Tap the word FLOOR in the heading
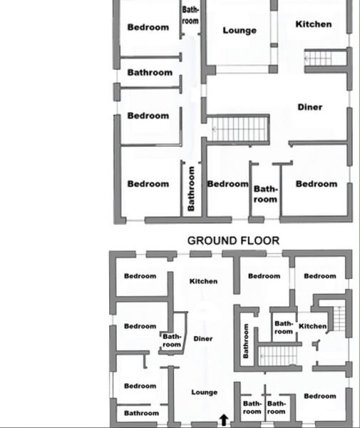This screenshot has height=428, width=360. (x=258, y=241)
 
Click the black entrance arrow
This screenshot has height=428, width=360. (x=224, y=420)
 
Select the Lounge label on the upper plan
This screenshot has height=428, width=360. (x=240, y=30)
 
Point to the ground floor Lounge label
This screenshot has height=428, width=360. (x=205, y=392)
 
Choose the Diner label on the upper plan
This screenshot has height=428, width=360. (x=310, y=107)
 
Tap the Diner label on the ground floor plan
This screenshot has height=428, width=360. (x=203, y=339)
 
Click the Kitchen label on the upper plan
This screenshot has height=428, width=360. (x=314, y=24)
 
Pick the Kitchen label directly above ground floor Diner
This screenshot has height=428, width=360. (x=203, y=281)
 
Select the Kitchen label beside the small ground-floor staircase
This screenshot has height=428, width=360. (x=312, y=326)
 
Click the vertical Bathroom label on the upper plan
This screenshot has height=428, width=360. (x=191, y=188)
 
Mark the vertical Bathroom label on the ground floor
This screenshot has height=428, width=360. (x=246, y=341)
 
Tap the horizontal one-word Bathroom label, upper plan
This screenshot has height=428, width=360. (x=150, y=73)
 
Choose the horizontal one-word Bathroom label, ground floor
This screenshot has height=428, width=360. (x=141, y=413)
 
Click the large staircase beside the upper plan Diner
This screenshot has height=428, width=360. (x=238, y=129)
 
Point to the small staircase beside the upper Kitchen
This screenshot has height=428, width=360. (x=318, y=58)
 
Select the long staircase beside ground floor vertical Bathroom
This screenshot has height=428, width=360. (x=278, y=356)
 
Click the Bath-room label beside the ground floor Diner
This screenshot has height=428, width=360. (x=172, y=340)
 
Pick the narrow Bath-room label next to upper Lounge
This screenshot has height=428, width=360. (x=190, y=15)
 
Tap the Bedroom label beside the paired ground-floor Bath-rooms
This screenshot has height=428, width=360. (x=320, y=396)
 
